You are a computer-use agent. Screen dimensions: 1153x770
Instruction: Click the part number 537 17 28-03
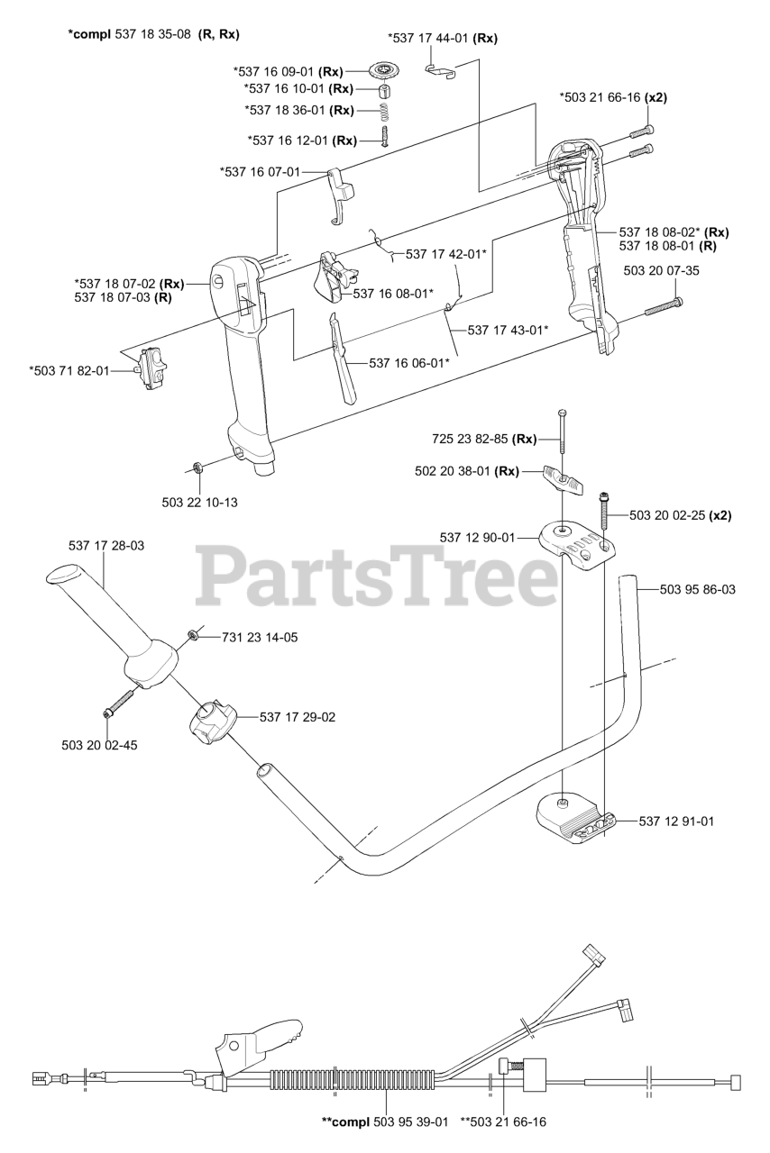[106, 545]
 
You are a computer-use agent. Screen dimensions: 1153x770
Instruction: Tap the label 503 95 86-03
[697, 589]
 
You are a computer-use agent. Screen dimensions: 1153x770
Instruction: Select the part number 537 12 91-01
[676, 821]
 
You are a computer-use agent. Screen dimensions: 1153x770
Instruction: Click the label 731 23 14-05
[260, 637]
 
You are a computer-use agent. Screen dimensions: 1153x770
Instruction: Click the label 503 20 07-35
[661, 270]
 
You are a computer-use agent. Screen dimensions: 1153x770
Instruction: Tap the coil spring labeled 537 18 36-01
[384, 111]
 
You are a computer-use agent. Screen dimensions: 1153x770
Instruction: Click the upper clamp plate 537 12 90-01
[575, 546]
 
